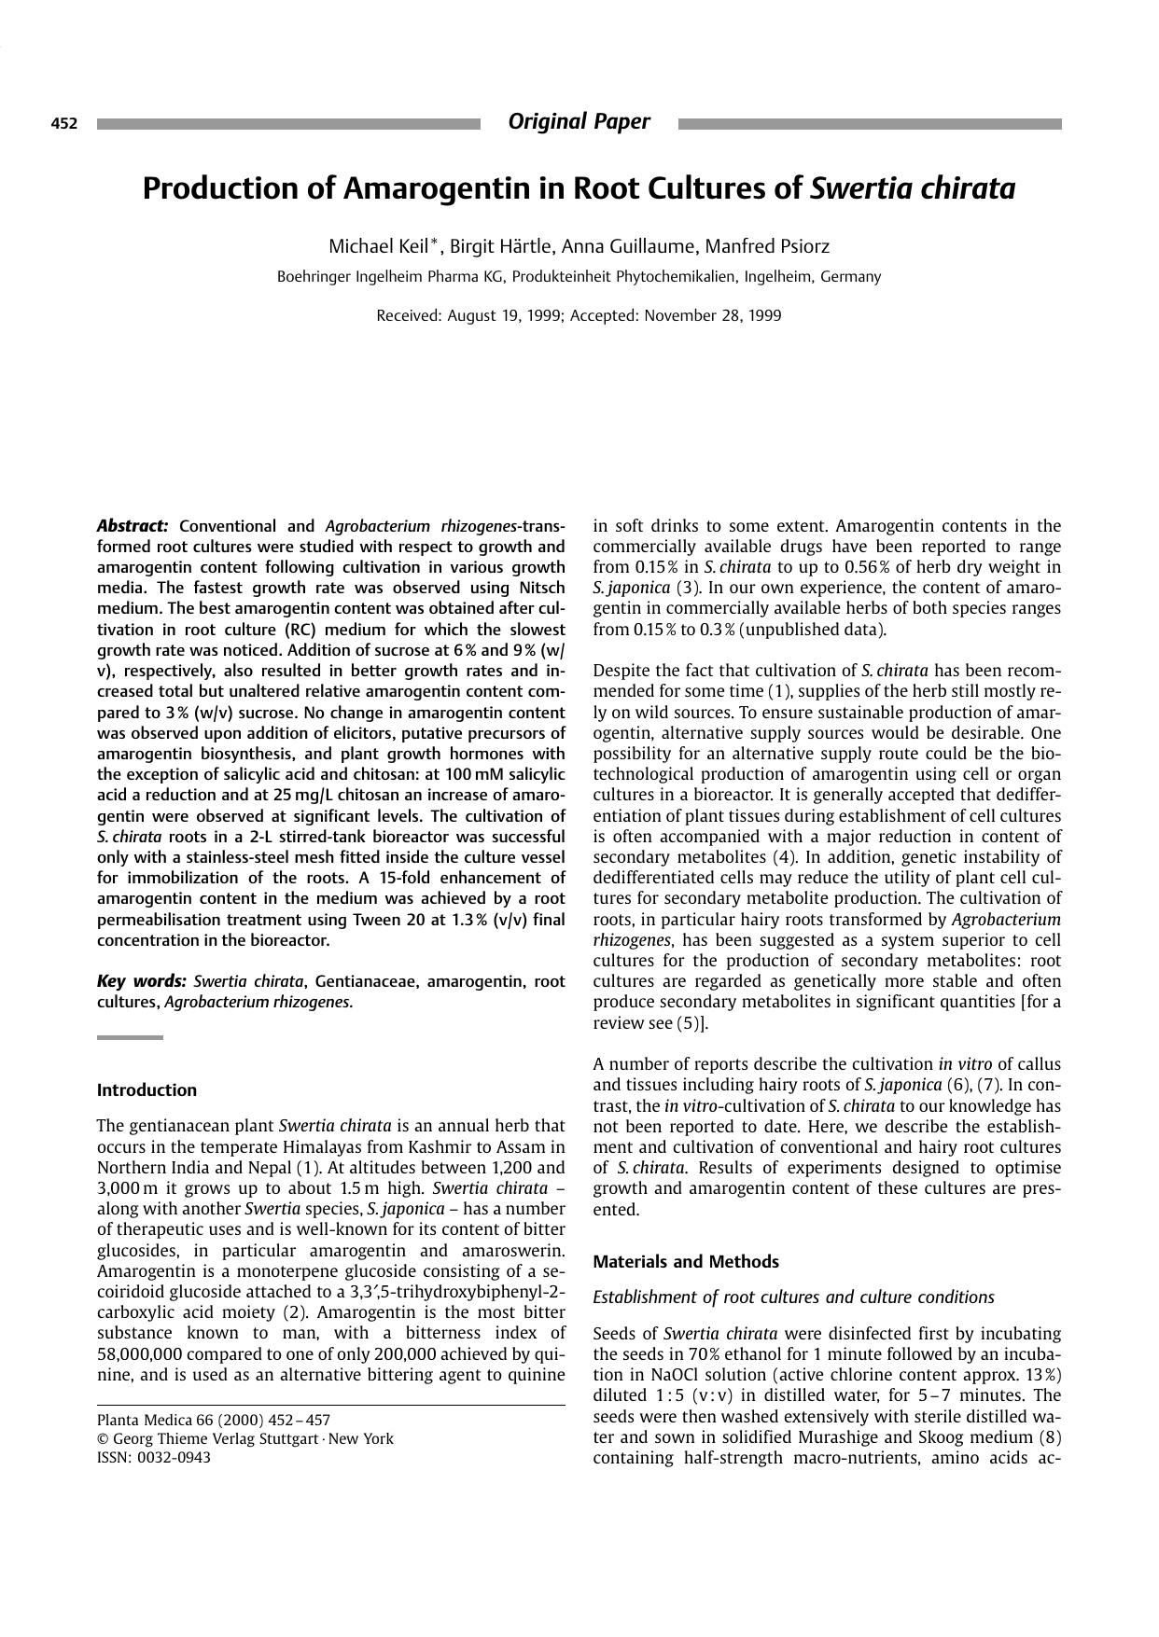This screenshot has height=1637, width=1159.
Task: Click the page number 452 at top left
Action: coord(63,123)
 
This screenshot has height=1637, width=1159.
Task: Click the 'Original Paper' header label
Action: coord(579,121)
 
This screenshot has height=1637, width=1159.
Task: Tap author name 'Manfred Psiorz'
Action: coord(767,246)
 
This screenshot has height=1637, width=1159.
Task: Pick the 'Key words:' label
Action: coord(142,981)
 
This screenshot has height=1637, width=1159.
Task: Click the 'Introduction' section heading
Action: coord(147,1090)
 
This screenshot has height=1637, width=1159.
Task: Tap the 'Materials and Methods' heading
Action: coord(686,1262)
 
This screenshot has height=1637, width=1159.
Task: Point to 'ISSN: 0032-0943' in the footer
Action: coord(154,1458)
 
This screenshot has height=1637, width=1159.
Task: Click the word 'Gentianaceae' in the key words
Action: coord(364,981)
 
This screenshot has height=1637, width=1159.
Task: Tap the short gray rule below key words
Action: coord(130,1037)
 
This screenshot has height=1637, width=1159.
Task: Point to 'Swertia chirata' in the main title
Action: coord(912,188)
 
